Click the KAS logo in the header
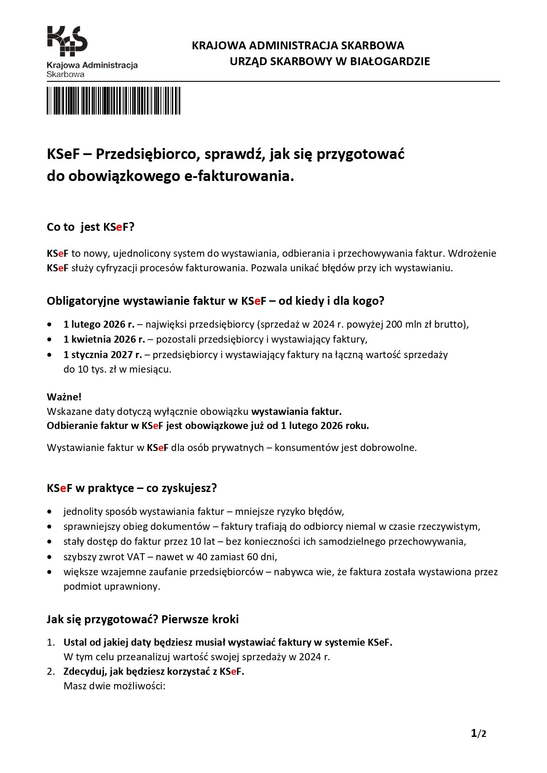click(x=67, y=41)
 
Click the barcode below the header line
click(x=113, y=100)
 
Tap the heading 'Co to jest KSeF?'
click(x=90, y=227)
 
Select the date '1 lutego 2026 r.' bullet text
click(x=99, y=325)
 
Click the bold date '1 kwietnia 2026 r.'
click(x=104, y=339)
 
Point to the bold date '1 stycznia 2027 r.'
click(x=102, y=355)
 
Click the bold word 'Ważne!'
click(x=64, y=397)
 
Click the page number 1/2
click(x=478, y=733)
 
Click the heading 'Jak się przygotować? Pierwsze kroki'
click(x=142, y=619)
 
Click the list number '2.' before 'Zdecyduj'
click(x=51, y=671)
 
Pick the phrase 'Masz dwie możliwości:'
click(x=114, y=686)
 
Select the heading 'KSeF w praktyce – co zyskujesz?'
click(x=132, y=488)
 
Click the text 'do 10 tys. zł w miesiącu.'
click(x=117, y=369)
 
